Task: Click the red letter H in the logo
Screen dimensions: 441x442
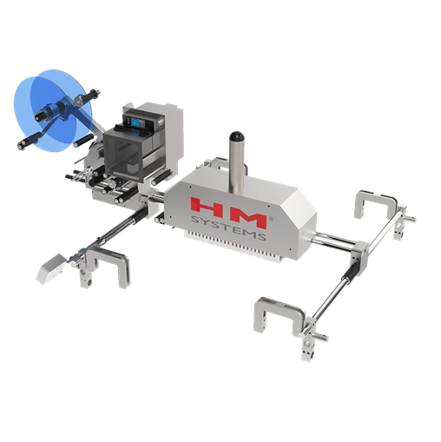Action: pos(207,208)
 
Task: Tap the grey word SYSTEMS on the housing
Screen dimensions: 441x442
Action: pos(228,228)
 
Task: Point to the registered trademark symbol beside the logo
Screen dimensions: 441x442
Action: pos(271,219)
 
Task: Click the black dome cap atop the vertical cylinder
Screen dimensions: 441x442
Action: pos(237,136)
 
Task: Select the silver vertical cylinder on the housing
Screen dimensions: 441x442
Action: pos(237,166)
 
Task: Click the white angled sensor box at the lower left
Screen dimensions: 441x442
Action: pos(51,269)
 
